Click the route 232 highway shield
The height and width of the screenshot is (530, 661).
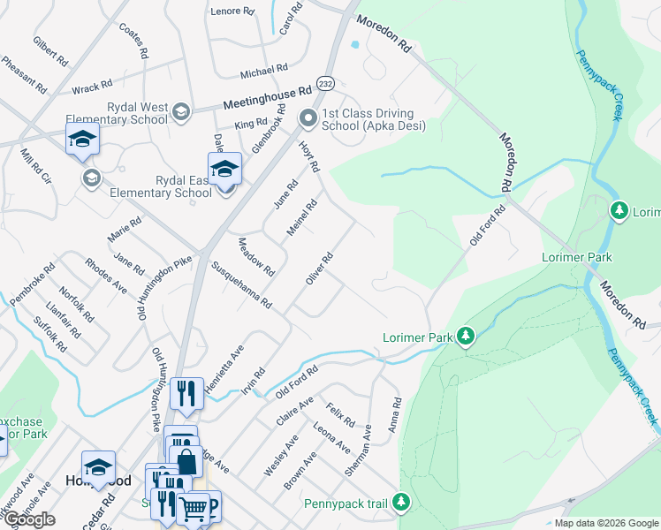click(326, 80)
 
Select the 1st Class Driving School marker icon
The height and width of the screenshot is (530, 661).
click(308, 117)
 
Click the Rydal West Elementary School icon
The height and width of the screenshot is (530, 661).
click(180, 110)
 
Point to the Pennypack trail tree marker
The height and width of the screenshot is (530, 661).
click(402, 503)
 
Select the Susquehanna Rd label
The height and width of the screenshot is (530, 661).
click(240, 284)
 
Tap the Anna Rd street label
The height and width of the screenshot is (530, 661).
click(394, 413)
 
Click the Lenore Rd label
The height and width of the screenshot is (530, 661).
click(231, 11)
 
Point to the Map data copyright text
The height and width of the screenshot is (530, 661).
click(605, 523)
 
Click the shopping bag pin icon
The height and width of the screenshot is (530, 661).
click(187, 460)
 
